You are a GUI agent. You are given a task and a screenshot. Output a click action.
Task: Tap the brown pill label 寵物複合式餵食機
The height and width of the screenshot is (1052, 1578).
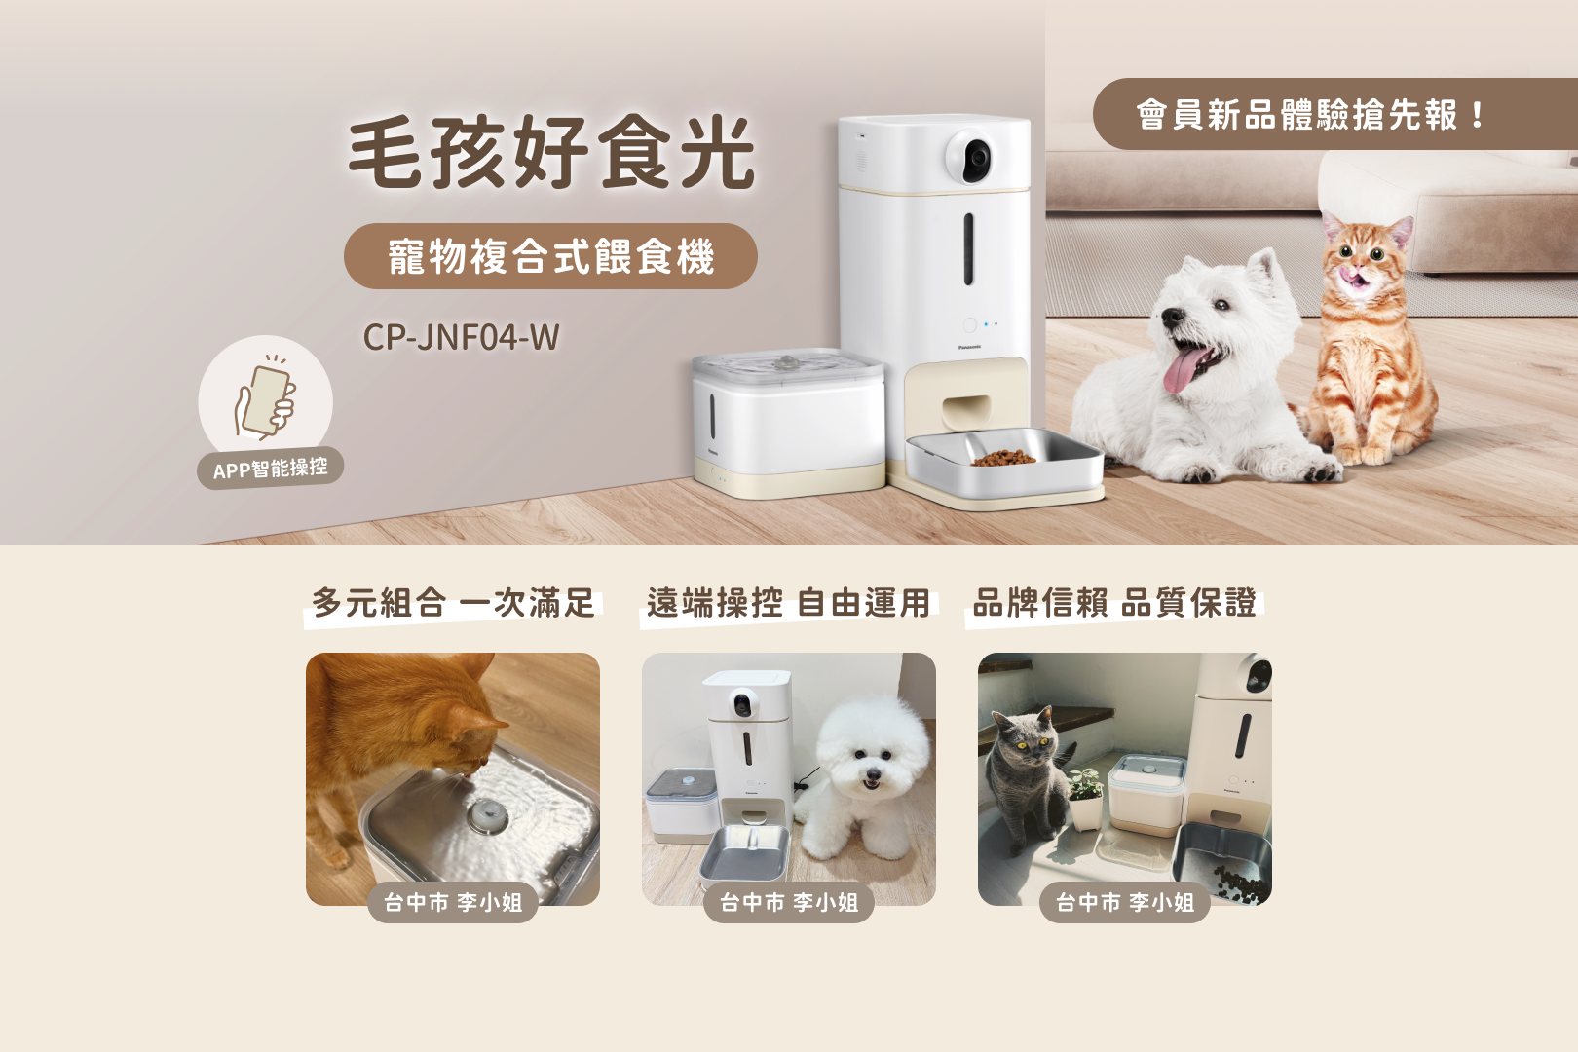pos(550,256)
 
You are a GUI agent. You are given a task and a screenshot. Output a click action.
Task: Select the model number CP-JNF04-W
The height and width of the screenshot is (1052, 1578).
pos(461,337)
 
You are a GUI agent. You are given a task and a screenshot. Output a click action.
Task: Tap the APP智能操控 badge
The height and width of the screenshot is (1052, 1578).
pos(271,469)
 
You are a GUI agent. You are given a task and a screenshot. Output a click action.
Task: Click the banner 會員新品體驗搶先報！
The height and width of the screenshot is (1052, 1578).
pos(1311,115)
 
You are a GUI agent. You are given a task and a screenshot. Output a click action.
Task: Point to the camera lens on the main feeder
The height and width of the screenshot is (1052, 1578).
pos(975,156)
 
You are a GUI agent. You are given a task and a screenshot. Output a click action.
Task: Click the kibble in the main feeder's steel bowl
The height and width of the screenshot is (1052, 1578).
pos(1004,457)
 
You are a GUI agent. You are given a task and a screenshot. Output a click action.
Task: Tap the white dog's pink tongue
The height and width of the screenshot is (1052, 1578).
pos(1181,370)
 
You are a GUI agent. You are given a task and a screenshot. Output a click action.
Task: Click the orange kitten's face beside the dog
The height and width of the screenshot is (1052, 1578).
pos(1364,258)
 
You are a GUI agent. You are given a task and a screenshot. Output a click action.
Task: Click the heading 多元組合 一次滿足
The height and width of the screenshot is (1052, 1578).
pos(453,603)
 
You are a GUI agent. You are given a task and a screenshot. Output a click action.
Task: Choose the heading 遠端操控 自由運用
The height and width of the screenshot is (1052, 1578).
pos(788,603)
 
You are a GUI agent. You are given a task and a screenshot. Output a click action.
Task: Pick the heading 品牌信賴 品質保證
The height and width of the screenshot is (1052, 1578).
pos(1114,603)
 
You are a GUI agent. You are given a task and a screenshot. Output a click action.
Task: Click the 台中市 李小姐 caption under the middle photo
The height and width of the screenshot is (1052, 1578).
pos(789,903)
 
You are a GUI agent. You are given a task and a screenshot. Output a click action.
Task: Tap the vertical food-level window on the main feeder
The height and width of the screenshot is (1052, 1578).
pos(968,248)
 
